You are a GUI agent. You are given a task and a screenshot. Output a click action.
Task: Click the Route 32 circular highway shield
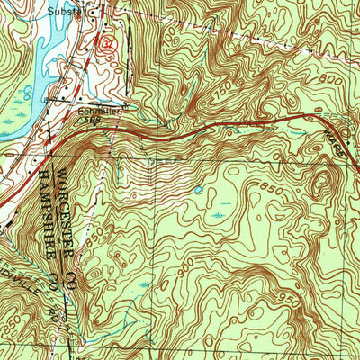pyautogui.click(x=109, y=43)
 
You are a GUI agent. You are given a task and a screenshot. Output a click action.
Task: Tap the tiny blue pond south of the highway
pyautogui.click(x=197, y=190)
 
